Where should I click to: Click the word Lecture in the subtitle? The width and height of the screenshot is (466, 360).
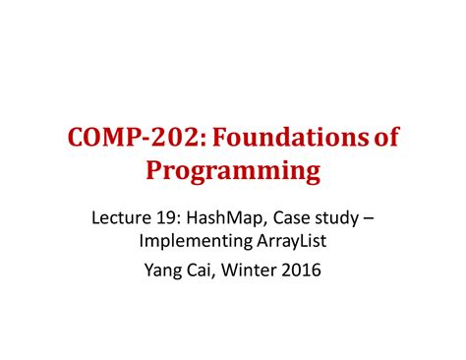point(119,214)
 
